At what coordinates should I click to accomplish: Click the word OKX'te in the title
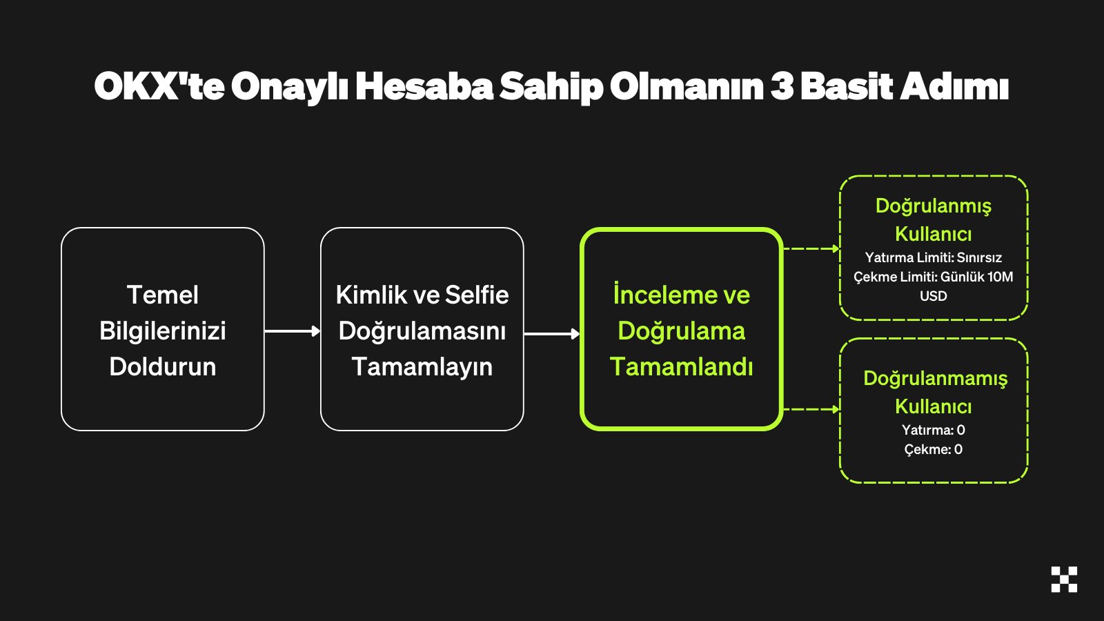coord(159,86)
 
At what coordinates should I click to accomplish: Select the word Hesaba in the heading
coord(424,86)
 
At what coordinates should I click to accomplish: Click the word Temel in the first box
coord(163,295)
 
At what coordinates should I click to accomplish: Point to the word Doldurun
coord(163,366)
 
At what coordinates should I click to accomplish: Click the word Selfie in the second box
coord(477,295)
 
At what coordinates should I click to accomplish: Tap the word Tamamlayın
coord(422,366)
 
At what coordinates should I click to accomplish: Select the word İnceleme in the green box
coord(657,294)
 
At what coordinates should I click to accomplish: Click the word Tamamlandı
coord(681,366)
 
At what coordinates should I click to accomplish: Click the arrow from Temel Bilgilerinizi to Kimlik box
coord(293,331)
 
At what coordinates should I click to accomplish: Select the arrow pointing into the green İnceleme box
coord(552,334)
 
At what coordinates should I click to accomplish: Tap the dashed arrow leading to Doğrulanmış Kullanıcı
coord(811,248)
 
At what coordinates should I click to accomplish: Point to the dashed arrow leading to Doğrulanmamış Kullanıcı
coord(811,409)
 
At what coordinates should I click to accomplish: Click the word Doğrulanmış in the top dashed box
coord(933,206)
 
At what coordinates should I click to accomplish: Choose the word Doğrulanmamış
coord(935,379)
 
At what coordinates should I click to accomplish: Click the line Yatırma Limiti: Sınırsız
coord(933,257)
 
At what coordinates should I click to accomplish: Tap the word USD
coord(933,296)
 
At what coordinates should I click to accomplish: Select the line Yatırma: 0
coord(933,430)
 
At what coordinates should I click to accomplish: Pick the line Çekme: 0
coord(933,449)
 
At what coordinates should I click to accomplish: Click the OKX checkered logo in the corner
coord(1064,579)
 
